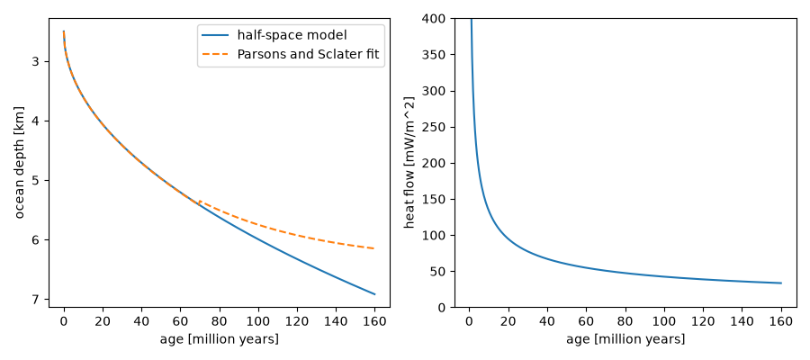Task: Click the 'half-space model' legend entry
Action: point(292,35)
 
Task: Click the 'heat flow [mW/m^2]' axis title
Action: point(410,163)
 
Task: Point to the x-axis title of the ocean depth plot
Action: point(219,339)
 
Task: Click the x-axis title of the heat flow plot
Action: point(625,339)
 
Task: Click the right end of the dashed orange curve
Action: point(374,249)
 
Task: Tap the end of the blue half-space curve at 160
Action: point(374,294)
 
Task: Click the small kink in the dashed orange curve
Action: point(200,202)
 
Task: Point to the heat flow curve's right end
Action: point(781,283)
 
